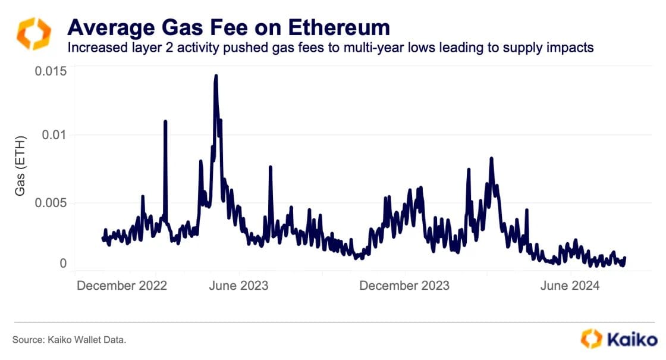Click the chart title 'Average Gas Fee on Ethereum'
(229, 27)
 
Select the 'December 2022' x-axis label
(122, 286)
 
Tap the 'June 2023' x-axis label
(238, 286)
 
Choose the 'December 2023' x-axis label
(404, 286)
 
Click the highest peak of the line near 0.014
(216, 76)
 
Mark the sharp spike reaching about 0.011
(165, 121)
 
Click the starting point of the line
(103, 238)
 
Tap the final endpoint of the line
(625, 258)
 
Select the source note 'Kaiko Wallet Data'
(69, 340)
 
